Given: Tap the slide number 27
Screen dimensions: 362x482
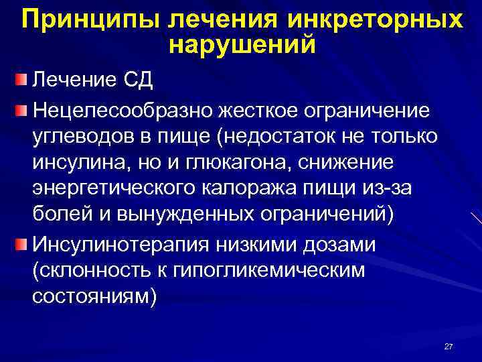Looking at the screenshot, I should [449, 347].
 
